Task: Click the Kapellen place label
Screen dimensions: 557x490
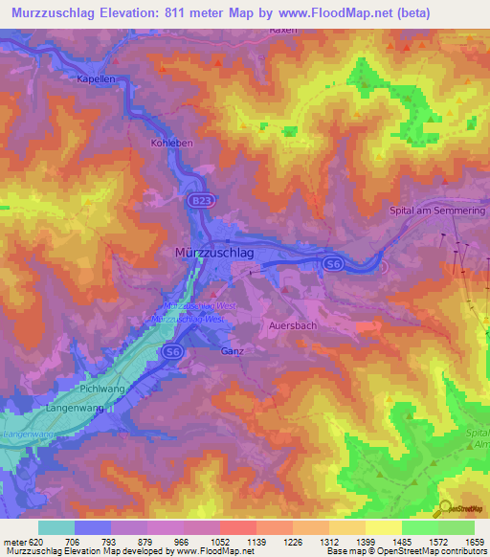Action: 96,79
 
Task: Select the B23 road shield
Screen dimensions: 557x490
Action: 200,201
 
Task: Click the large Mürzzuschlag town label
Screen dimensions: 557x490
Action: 213,252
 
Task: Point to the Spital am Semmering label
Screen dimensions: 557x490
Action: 439,210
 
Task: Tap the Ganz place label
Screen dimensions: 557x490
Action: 233,351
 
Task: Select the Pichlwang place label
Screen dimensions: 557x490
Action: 100,390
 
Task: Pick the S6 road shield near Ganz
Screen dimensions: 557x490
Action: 174,353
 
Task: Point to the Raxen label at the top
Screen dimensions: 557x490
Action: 284,31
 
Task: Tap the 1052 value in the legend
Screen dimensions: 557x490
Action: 202,541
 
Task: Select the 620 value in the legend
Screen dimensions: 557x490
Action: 35,541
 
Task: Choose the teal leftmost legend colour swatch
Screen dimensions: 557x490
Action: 56,527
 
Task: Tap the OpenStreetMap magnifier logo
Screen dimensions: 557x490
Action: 443,508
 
